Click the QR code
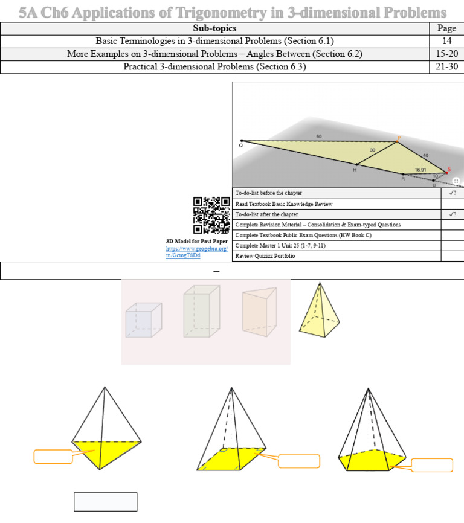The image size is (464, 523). [x=211, y=216]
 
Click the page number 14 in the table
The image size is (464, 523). [x=446, y=41]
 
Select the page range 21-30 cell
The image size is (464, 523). [x=446, y=66]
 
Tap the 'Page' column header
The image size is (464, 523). [x=446, y=28]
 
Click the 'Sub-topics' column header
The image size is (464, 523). [x=214, y=28]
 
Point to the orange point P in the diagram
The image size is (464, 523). [x=398, y=141]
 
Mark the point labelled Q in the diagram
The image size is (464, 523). [x=241, y=141]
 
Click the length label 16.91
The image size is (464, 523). [x=422, y=170]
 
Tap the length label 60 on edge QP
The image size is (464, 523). [x=319, y=136]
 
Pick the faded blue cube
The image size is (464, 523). [x=144, y=320]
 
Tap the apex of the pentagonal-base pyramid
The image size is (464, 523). [x=368, y=389]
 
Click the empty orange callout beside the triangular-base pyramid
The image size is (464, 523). [x=53, y=457]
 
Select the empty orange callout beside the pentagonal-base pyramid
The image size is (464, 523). [x=431, y=465]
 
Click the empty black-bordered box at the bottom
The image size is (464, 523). [x=105, y=502]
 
